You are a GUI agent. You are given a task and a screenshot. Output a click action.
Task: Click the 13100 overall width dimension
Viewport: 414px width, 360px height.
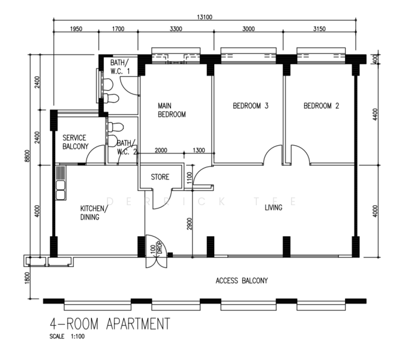205,17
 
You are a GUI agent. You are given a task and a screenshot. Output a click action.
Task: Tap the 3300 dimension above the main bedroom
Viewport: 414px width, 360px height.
176,29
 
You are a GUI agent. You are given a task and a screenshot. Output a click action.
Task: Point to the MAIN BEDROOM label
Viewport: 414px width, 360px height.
172,110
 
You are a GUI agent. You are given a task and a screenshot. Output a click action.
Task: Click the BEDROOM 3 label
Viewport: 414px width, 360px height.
251,106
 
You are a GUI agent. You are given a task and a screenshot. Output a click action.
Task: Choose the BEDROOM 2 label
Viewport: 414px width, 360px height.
322,106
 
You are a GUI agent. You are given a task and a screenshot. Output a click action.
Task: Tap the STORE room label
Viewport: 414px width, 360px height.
160,177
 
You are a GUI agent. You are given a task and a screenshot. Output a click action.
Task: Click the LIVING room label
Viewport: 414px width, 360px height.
274,208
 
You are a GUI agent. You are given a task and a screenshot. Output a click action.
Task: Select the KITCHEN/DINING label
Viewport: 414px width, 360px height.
94,213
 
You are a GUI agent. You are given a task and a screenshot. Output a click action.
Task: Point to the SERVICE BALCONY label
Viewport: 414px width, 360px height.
75,142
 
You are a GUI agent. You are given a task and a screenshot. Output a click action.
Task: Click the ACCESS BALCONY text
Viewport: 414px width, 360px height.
242,280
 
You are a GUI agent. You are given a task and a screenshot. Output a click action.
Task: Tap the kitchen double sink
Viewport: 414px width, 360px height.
61,190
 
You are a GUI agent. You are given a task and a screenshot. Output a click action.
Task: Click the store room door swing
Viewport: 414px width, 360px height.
162,199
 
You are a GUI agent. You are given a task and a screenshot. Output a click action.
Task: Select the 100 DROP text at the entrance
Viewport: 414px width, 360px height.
157,248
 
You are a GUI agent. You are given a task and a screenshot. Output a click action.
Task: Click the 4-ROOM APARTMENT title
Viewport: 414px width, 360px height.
110,324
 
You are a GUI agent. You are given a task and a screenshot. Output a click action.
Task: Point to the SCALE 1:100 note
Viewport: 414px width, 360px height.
67,337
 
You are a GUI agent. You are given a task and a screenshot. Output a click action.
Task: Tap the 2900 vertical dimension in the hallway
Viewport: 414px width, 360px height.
190,223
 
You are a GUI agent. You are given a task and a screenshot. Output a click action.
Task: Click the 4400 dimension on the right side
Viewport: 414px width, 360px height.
375,115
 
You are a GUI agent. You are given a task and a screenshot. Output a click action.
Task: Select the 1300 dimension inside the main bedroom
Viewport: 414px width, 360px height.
199,150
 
